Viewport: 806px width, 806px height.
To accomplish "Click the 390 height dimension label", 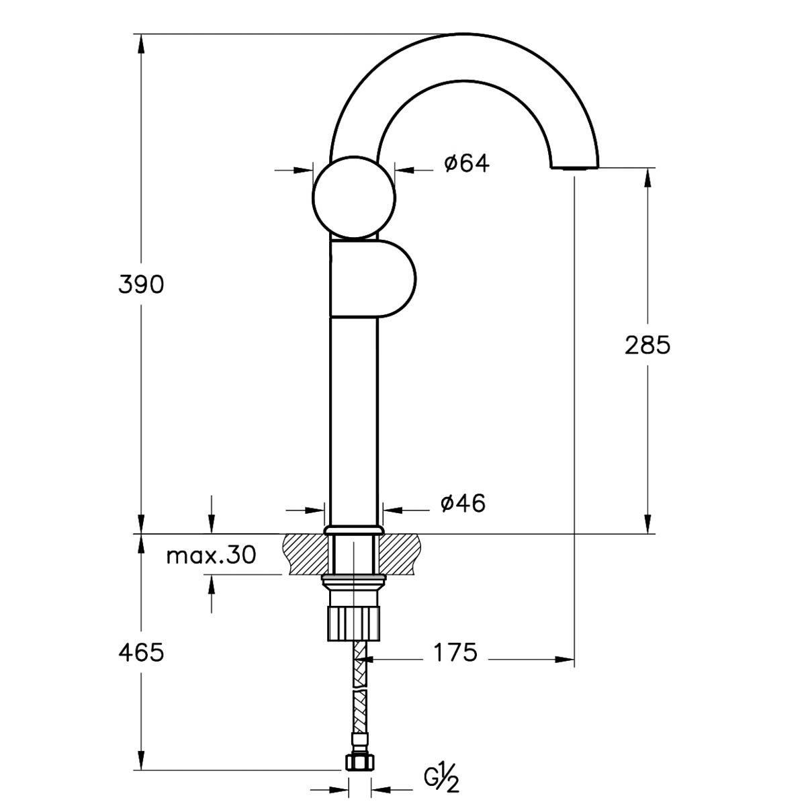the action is click(141, 285).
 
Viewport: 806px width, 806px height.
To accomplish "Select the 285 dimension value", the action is click(647, 345).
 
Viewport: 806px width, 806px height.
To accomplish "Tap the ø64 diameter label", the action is click(466, 163).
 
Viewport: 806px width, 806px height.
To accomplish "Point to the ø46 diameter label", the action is click(463, 503).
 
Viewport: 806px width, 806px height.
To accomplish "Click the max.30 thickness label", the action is click(211, 556).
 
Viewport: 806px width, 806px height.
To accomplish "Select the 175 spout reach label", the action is click(455, 652).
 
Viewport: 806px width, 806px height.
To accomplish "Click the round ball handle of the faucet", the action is click(354, 197).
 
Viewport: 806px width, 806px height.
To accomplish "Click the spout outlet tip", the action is click(575, 167).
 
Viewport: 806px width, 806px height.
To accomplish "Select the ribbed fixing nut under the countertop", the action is click(354, 623).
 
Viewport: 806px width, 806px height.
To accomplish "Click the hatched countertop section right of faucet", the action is click(400, 554).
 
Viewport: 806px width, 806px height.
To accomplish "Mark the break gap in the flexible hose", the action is click(360, 688).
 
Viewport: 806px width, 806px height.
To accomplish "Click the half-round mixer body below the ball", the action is click(372, 278).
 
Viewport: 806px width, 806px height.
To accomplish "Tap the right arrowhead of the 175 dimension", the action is click(564, 660).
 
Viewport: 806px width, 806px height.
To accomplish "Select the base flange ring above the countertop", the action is click(354, 529).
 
